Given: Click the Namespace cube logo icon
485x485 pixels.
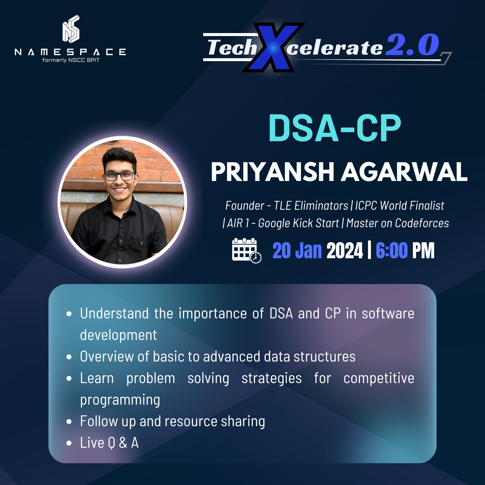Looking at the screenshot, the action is coord(71,29).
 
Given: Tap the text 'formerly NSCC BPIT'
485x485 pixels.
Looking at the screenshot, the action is coord(71,60).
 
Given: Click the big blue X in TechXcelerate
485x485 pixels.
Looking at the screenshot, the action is coord(273,47).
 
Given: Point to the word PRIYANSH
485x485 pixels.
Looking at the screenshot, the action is coord(273,172).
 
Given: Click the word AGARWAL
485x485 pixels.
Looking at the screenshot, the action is coord(404,172).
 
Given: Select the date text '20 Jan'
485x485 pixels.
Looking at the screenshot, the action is coord(297,250).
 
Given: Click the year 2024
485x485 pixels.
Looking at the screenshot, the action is coord(345,250).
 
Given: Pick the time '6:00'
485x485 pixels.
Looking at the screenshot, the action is coord(392,250).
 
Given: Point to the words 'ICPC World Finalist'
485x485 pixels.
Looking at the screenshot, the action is coord(400,206).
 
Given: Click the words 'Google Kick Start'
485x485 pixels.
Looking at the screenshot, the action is coord(298,223).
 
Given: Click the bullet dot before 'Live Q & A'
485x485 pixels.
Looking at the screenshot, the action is coord(69,443).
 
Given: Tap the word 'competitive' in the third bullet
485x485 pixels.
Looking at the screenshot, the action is coord(379,378).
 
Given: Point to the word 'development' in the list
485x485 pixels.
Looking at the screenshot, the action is coord(119,335).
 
